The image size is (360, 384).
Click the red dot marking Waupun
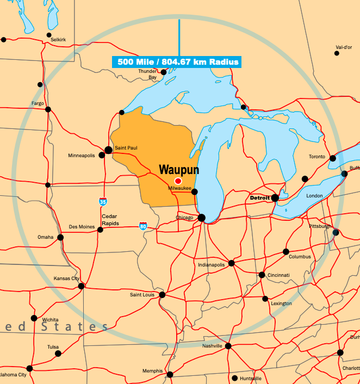tap(178, 181)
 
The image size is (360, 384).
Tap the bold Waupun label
tap(178, 170)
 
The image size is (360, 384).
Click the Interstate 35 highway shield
tap(103, 202)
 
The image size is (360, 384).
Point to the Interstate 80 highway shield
tap(143, 226)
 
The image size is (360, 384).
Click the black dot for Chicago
tap(201, 218)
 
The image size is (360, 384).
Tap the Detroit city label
tap(260, 198)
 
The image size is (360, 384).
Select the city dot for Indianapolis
tap(231, 263)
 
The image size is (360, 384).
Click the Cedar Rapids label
tap(109, 219)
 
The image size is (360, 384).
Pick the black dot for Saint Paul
tap(109, 150)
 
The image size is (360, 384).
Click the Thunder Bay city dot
tap(163, 72)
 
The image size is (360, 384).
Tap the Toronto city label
tap(317, 157)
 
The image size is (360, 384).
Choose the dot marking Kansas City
tap(81, 286)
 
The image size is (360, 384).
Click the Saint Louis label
tap(142, 295)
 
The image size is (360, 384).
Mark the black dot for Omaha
tap(60, 237)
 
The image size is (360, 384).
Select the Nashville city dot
tap(228, 346)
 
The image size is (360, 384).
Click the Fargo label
tap(38, 103)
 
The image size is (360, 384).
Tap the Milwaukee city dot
tap(195, 191)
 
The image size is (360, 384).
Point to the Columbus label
tap(300, 257)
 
